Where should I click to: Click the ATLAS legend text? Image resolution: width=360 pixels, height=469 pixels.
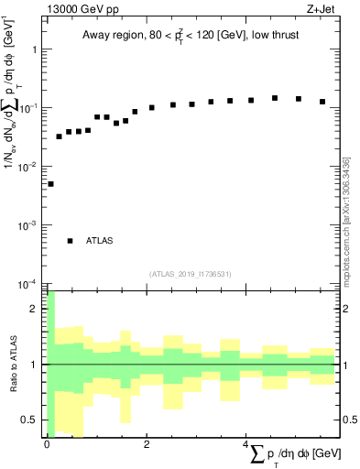click(99, 241)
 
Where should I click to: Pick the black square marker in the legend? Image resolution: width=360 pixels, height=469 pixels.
click(70, 241)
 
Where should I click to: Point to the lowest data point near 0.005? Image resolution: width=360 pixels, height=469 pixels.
click(50, 184)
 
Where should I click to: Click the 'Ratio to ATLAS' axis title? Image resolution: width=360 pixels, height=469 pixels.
click(13, 365)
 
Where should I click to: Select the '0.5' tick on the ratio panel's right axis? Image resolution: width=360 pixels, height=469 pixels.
click(349, 420)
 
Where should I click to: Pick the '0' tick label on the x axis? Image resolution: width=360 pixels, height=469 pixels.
click(47, 444)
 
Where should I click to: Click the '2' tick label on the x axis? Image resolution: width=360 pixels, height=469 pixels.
click(147, 444)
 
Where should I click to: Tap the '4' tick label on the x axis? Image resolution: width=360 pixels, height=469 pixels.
click(246, 444)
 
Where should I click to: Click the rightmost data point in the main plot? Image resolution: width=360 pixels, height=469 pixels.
click(322, 102)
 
